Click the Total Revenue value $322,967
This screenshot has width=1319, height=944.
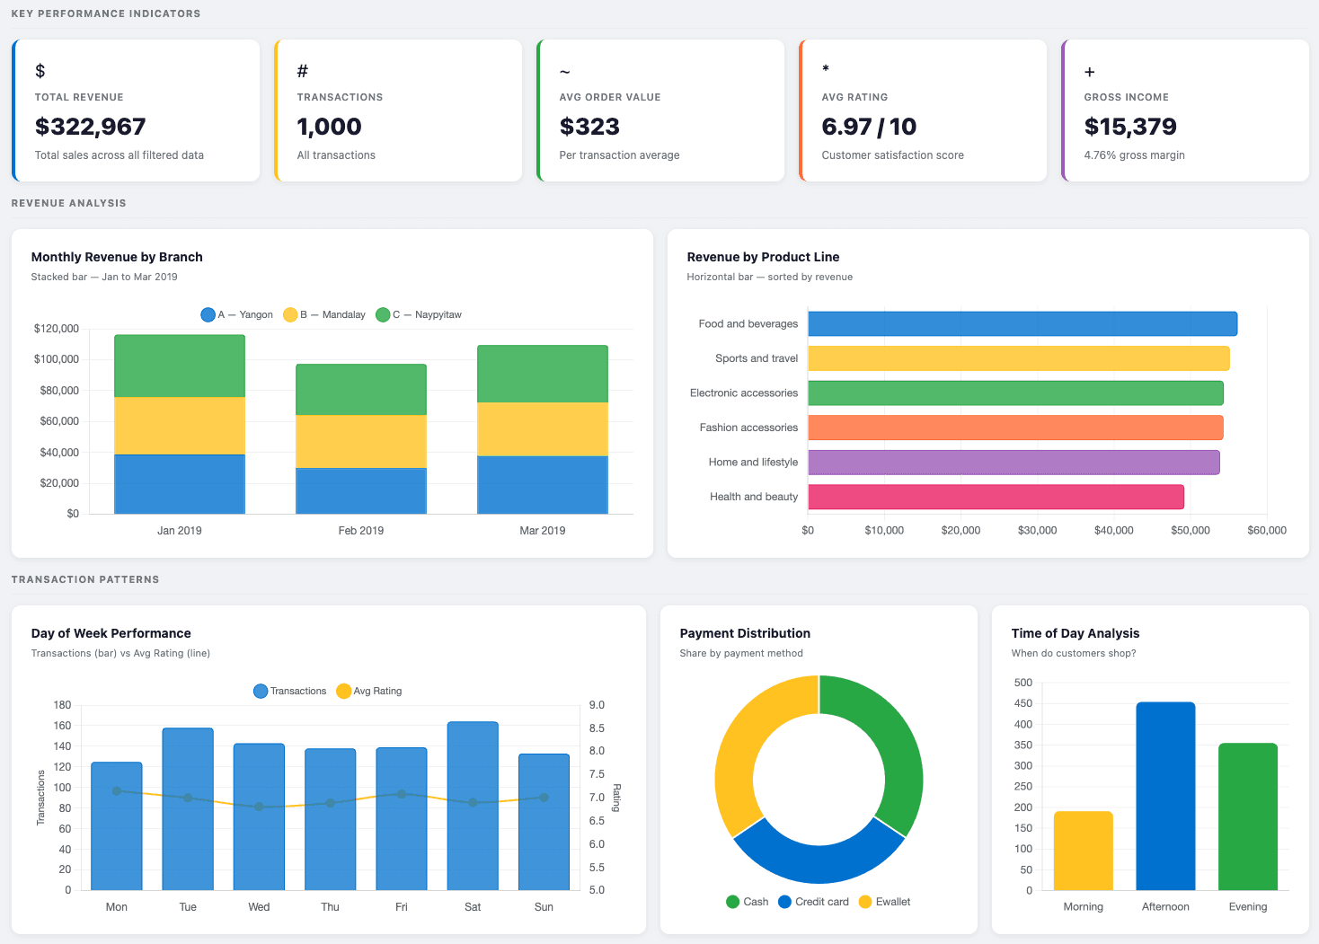(90, 127)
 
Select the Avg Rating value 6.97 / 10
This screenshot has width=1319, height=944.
(868, 127)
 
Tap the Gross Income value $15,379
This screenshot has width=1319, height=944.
(1129, 127)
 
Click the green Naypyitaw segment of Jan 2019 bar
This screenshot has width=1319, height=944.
(180, 366)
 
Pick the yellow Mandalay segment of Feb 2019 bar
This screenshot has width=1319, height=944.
(361, 441)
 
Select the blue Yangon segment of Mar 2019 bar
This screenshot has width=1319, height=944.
(542, 485)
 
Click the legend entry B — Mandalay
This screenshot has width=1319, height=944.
(324, 314)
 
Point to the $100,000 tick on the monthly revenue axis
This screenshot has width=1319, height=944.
(57, 359)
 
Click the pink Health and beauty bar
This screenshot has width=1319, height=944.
(996, 497)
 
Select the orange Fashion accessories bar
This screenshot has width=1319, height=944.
(1015, 428)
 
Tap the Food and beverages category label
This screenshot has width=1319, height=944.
(748, 323)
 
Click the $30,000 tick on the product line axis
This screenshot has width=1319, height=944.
(1037, 530)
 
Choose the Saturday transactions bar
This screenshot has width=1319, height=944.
(473, 806)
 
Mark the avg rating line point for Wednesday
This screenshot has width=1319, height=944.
(259, 807)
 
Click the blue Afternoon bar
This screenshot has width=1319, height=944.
(1165, 796)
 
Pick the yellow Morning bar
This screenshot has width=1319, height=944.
(1083, 851)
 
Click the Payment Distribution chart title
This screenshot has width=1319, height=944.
(745, 633)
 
